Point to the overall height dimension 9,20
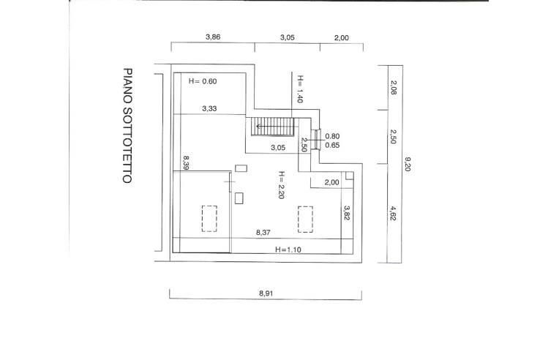pyautogui.click(x=409, y=166)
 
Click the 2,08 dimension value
pyautogui.click(x=394, y=89)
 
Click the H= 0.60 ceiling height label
pyautogui.click(x=203, y=80)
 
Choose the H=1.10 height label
pyautogui.click(x=288, y=250)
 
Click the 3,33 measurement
pyautogui.click(x=210, y=108)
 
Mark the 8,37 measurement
pyautogui.click(x=263, y=233)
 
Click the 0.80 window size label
pyautogui.click(x=331, y=135)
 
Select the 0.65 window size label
pyautogui.click(x=331, y=146)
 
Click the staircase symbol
pyautogui.click(x=272, y=128)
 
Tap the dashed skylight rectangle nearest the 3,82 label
pyautogui.click(x=306, y=218)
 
